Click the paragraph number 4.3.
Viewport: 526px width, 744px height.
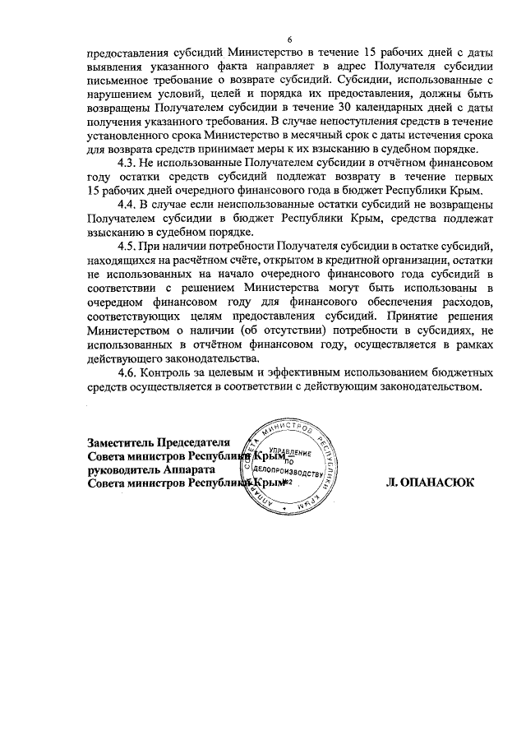tap(129, 164)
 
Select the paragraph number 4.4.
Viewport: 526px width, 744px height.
tap(129, 203)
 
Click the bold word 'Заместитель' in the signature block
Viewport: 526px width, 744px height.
tap(120, 441)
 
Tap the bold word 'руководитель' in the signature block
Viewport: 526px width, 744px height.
tap(123, 470)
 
